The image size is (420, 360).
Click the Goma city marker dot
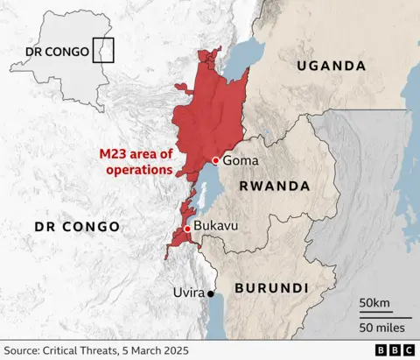215,160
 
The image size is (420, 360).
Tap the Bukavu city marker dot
186,229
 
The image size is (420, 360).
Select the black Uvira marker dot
210,294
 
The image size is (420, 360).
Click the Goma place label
241,161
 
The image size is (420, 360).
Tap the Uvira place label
186,293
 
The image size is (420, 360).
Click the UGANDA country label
331,66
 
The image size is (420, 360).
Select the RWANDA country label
275,187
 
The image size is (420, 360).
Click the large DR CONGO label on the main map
77,227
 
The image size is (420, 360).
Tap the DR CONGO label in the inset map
57,52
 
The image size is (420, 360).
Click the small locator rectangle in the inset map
103,51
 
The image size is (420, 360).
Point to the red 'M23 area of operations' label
136,162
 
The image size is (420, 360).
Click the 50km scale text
374,303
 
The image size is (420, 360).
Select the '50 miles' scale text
381,327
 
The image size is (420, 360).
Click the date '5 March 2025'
158,350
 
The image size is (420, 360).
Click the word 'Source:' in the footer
24,350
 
